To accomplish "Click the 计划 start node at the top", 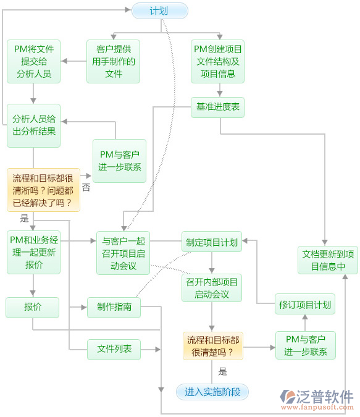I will pyautogui.click(x=159, y=11).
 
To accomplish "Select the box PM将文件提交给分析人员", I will pyautogui.click(x=33, y=62).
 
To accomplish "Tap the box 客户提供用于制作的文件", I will pyautogui.click(x=114, y=62).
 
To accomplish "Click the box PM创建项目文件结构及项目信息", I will pyautogui.click(x=218, y=62).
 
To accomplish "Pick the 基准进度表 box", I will pyautogui.click(x=218, y=107).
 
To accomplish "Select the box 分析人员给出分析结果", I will pyautogui.click(x=33, y=125).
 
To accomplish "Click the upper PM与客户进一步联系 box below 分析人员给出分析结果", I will pyautogui.click(x=119, y=161).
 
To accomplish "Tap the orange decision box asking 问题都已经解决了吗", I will pyautogui.click(x=43, y=190).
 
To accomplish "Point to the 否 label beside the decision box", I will pyautogui.click(x=86, y=187).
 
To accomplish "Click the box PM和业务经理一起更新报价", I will pyautogui.click(x=33, y=253).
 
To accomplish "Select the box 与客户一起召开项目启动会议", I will pyautogui.click(x=123, y=253).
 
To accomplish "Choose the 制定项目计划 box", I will pyautogui.click(x=212, y=242).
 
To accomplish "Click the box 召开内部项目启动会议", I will pyautogui.click(x=212, y=288).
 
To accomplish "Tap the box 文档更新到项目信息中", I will pyautogui.click(x=327, y=260).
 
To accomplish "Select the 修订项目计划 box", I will pyautogui.click(x=304, y=304).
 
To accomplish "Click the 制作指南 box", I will pyautogui.click(x=114, y=306).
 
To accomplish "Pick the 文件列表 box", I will pyautogui.click(x=114, y=348).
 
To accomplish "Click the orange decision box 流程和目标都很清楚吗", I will pyautogui.click(x=213, y=346).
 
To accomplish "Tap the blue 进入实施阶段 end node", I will pyautogui.click(x=212, y=391).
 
